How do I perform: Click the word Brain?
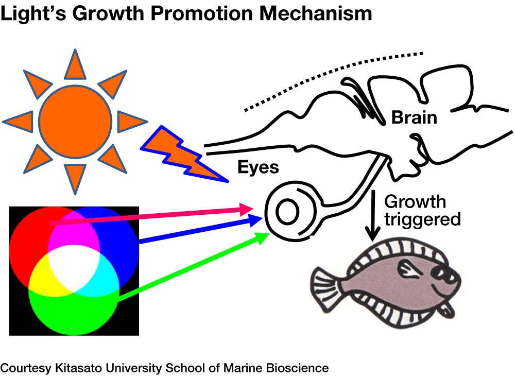pos(414,117)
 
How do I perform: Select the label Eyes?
pos(258,167)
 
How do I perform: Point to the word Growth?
pos(415,201)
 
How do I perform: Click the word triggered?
pos(422,219)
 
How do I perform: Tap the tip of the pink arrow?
pos(254,208)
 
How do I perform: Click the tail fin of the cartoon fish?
pos(324,289)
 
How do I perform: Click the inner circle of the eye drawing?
pos(286,211)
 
